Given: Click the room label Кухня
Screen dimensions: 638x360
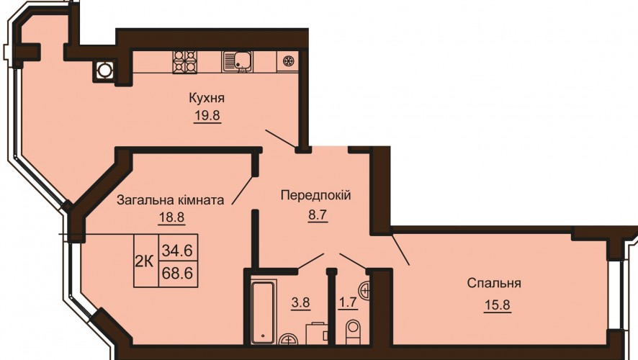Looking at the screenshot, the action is [x=207, y=99].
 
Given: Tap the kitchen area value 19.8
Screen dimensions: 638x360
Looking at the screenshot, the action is [x=207, y=115].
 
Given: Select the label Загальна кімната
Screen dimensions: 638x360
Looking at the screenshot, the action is [x=171, y=200].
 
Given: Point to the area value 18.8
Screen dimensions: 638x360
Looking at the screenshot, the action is [x=171, y=217].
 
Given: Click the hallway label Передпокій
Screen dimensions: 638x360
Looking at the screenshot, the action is [x=315, y=196].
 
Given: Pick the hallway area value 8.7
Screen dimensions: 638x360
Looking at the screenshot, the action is [x=318, y=215].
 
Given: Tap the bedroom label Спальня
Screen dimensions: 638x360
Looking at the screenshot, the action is [x=494, y=283].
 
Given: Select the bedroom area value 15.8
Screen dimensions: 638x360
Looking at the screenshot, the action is [x=497, y=305].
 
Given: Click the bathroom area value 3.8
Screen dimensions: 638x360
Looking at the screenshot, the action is [x=300, y=303].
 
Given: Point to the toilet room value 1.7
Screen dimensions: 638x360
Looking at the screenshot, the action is [x=349, y=302].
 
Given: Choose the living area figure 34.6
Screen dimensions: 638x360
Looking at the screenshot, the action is [x=177, y=250].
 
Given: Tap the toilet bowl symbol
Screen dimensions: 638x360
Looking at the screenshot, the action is [x=354, y=331].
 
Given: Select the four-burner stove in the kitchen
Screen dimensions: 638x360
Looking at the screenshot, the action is [x=185, y=62].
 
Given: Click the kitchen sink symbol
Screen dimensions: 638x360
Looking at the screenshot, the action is [x=237, y=62].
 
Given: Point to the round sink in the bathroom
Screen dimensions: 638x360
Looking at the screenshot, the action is [x=289, y=340].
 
